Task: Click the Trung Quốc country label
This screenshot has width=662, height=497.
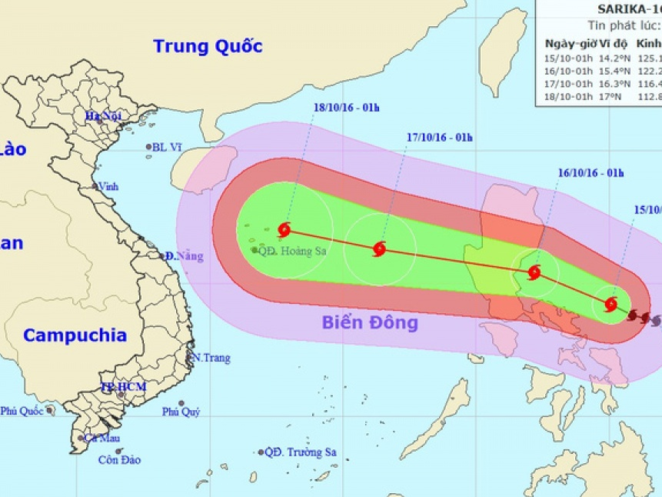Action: (x=208, y=45)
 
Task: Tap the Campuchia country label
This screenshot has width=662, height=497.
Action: (x=75, y=335)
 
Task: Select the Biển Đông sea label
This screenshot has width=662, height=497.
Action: (x=370, y=322)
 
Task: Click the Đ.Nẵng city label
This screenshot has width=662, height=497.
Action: (x=185, y=256)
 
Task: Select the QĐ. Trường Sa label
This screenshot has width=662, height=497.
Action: (x=301, y=452)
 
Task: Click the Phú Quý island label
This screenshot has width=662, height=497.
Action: (x=181, y=412)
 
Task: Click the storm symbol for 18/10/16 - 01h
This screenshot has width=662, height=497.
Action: (x=285, y=228)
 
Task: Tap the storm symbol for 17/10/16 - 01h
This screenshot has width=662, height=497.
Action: (x=379, y=248)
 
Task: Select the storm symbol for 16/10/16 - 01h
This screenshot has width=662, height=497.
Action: (x=534, y=272)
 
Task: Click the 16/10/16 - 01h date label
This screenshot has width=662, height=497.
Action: (x=591, y=172)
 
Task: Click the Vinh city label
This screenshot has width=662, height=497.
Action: (x=106, y=186)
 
